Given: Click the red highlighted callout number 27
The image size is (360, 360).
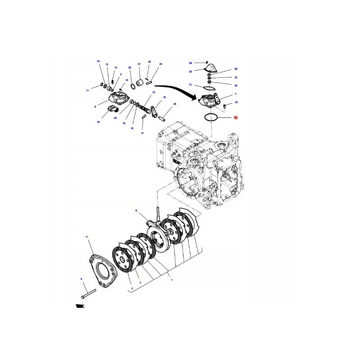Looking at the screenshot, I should (x=235, y=117).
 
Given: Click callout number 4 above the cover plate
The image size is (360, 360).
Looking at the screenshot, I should (x=87, y=237).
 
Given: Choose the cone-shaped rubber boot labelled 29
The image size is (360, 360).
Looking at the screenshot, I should (x=210, y=69).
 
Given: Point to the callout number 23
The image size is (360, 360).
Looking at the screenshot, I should (x=160, y=64).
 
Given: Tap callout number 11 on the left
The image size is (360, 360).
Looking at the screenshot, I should (x=88, y=90).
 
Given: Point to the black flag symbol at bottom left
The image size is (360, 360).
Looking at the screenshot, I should (x=80, y=306).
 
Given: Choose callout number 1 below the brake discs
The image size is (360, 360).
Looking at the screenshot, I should (x=171, y=279).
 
